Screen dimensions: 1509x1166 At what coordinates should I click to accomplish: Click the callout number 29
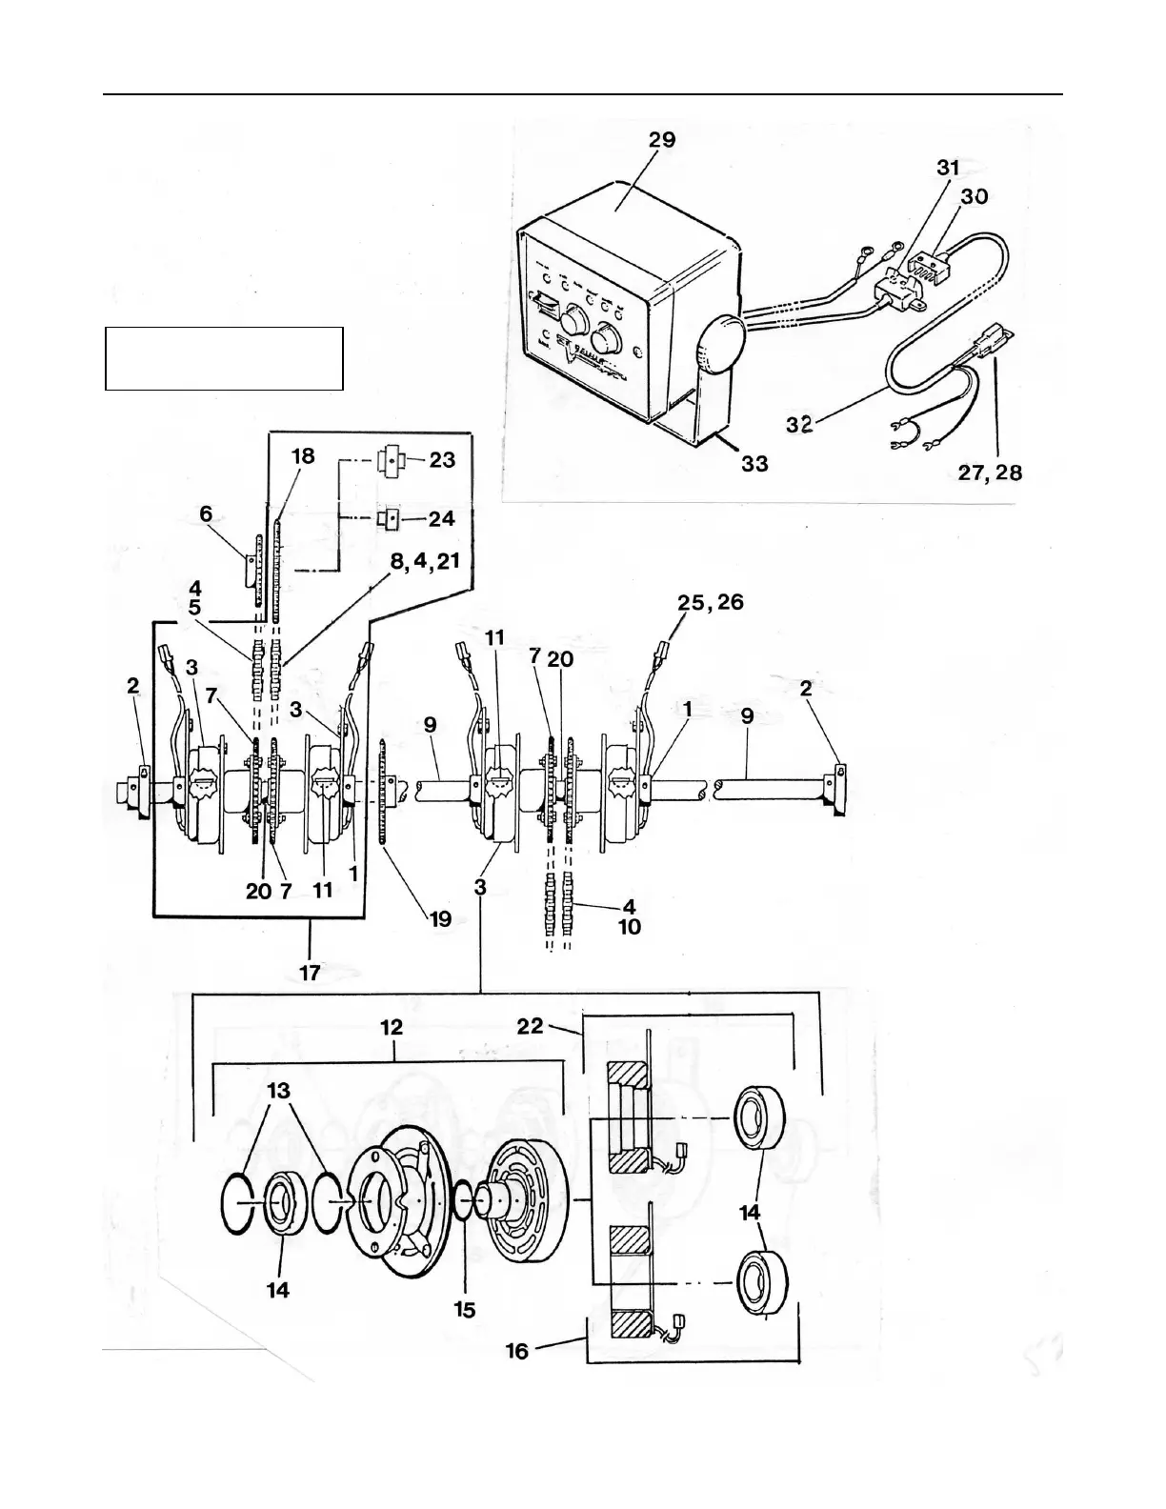tap(661, 140)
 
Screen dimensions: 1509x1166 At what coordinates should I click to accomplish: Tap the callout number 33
tap(754, 465)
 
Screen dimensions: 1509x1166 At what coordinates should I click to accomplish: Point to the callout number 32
tap(799, 424)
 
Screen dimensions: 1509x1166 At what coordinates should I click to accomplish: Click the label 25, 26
tap(711, 602)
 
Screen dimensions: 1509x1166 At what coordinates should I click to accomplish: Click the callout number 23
tap(442, 459)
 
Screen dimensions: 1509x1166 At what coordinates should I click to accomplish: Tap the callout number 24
tap(442, 519)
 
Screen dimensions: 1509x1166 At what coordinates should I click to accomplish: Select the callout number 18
tap(303, 455)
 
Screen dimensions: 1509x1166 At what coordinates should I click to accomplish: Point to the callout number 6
tap(206, 513)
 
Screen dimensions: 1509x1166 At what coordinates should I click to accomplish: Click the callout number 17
tap(310, 973)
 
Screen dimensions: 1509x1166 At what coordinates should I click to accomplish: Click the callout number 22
tap(531, 1026)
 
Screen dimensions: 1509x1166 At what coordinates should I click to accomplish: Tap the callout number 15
tap(464, 1310)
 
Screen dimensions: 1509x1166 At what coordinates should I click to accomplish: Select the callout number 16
tap(516, 1351)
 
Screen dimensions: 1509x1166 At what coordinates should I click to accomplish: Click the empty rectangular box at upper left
tap(224, 358)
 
